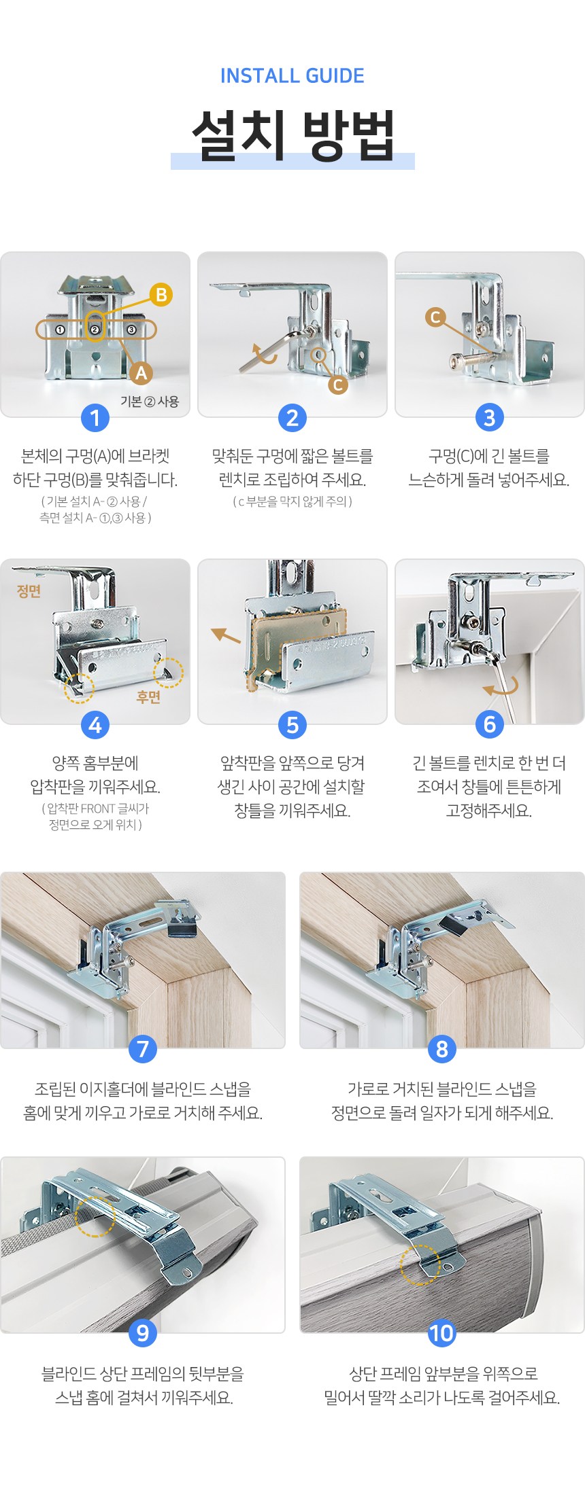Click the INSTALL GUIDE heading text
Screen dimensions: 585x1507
(292, 75)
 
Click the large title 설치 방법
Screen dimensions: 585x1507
(292, 135)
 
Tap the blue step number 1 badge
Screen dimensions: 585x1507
(95, 418)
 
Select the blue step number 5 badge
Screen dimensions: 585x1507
(292, 725)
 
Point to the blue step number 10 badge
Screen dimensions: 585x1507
(441, 1333)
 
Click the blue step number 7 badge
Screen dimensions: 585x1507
(143, 1048)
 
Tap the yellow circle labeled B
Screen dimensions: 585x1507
(161, 295)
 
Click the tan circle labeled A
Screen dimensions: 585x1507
(141, 373)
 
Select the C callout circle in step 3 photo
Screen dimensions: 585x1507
(435, 317)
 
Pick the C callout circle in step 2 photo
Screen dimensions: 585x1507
(337, 385)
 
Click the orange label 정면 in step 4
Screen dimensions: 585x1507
(29, 591)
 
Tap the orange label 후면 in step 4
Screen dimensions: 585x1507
(149, 697)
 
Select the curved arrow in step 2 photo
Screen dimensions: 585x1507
(264, 353)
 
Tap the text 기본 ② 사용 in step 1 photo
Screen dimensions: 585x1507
(150, 402)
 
